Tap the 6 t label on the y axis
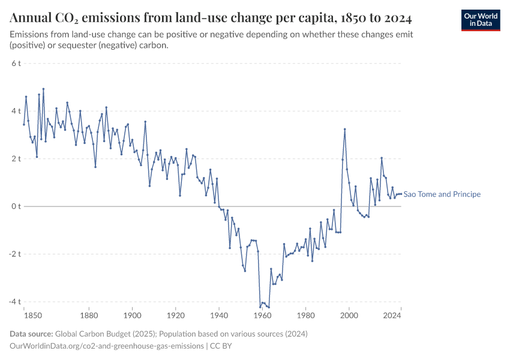16,63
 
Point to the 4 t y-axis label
16,111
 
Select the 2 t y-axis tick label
16,158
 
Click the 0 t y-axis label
16,206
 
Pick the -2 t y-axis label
14,254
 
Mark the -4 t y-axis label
14,301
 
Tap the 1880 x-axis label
89,314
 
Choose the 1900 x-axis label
132,314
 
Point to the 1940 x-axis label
219,314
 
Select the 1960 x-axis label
262,314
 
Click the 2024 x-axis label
392,314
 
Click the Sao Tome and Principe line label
442,194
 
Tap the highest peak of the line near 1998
344,129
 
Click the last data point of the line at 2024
401,194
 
